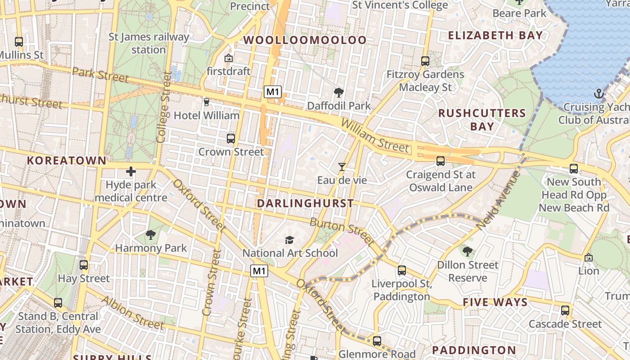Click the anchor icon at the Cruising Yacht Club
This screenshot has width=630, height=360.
pos(598,94)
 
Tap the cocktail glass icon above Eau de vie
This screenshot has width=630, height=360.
pos(342,167)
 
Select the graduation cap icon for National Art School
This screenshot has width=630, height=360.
pos(289,240)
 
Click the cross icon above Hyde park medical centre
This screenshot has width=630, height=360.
pos(131,171)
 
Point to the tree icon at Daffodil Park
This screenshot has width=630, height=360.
pos(339,93)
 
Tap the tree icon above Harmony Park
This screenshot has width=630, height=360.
pos(151,234)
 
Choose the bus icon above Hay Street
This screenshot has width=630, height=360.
pos(84,265)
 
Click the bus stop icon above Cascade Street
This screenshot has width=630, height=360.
pos(565,310)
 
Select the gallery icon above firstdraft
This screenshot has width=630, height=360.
pos(229,58)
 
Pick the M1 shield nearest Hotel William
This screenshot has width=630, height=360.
pos(273,92)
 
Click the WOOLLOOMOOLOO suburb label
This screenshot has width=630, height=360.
pos(305,40)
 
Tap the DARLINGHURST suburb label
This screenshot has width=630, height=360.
pos(305,203)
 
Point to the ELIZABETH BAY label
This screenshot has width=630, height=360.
pos(495,36)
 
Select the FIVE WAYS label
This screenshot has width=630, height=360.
pos(495,302)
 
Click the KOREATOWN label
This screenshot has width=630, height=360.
pos(67,161)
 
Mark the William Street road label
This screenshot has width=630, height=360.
pos(375,135)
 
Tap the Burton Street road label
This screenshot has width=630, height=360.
pos(342,232)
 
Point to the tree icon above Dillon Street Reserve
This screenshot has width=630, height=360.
pos(468,251)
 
